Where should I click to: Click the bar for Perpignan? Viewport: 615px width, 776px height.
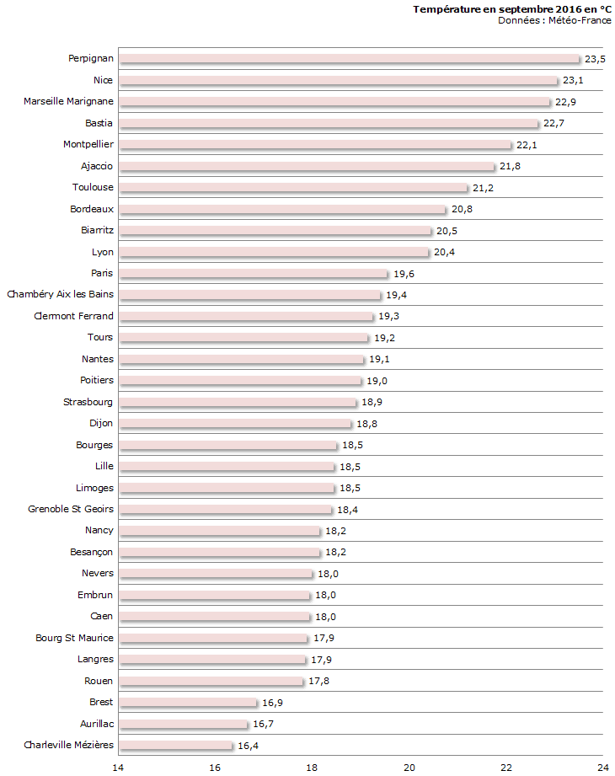tap(350, 59)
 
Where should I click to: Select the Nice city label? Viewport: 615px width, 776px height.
tap(104, 80)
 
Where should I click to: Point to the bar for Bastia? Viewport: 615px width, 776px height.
tap(329, 123)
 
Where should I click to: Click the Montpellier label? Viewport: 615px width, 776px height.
tap(88, 144)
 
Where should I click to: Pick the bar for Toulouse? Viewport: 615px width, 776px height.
tap(293, 187)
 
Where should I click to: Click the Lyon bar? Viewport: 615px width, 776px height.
tap(274, 252)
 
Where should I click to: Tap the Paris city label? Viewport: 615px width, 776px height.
tap(103, 273)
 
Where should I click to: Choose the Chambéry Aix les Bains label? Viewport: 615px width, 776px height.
tap(61, 294)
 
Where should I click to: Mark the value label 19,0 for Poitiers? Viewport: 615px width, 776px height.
tap(377, 381)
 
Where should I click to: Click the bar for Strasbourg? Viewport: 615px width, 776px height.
tap(238, 402)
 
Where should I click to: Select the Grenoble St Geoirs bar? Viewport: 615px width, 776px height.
tap(226, 509)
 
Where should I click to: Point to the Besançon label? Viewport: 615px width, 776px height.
tap(92, 552)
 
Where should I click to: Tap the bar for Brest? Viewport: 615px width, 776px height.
tap(188, 702)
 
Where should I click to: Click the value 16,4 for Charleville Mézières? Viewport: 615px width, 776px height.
tap(249, 746)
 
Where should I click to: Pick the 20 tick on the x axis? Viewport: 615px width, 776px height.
tap(409, 767)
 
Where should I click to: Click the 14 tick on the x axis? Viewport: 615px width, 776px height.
tap(118, 767)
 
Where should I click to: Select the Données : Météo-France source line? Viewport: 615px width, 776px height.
tap(554, 20)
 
